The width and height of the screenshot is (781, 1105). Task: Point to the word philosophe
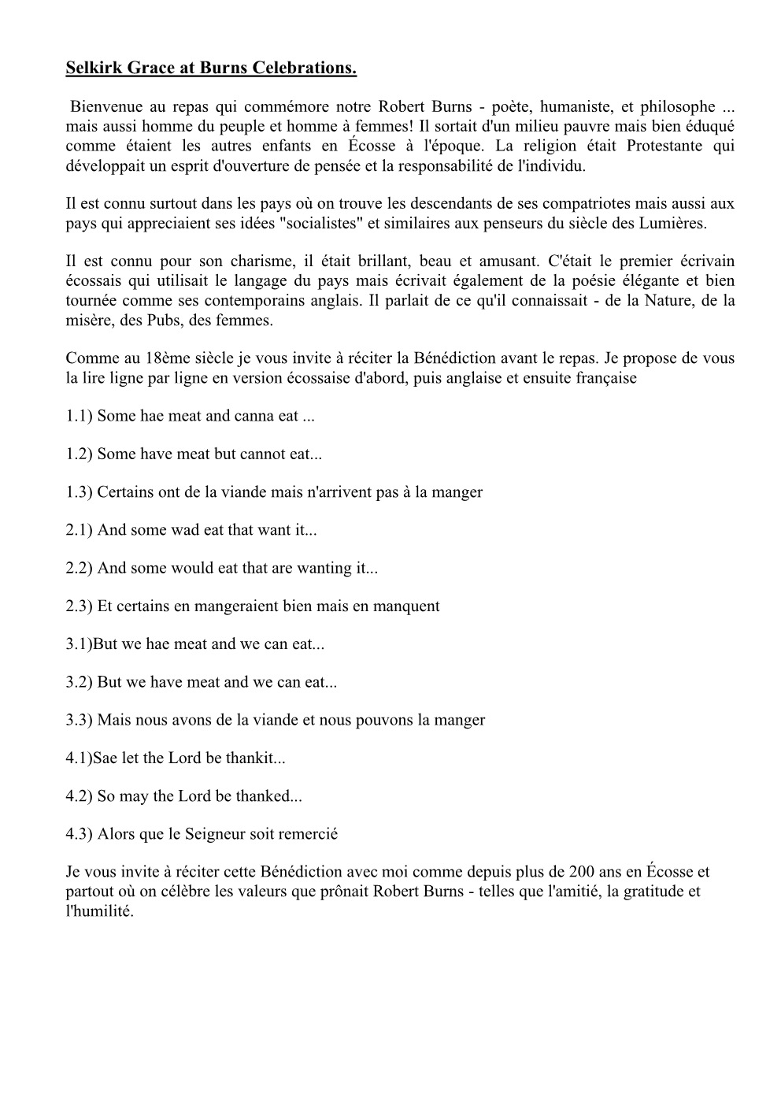(675, 107)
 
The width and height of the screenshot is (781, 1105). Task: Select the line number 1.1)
(80, 416)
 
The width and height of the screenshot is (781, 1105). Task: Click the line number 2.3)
(80, 606)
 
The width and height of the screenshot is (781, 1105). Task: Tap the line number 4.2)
(80, 795)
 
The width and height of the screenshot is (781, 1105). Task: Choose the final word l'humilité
(100, 911)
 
